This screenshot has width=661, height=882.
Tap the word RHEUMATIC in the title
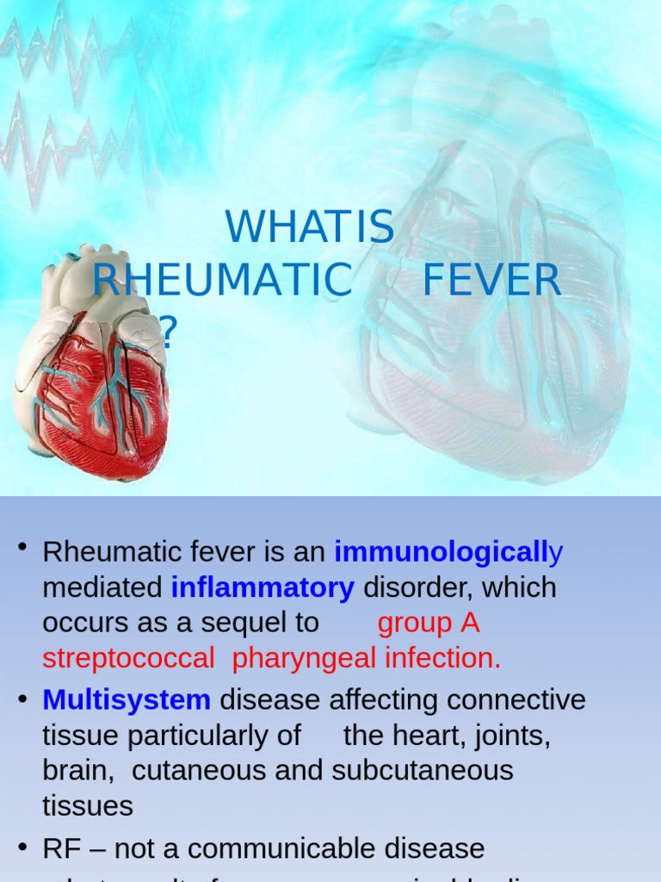[x=222, y=281]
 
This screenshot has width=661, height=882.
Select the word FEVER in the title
[x=491, y=281]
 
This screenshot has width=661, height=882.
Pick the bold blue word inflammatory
[x=263, y=588]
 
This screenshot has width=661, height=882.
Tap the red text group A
[x=429, y=623]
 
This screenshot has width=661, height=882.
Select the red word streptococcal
[x=128, y=659]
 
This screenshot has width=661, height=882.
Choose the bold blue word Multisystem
[x=127, y=700]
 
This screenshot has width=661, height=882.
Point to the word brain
[x=77, y=770]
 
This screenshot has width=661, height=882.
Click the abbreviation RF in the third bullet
[x=61, y=848]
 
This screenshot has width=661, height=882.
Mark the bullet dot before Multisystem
[x=23, y=699]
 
